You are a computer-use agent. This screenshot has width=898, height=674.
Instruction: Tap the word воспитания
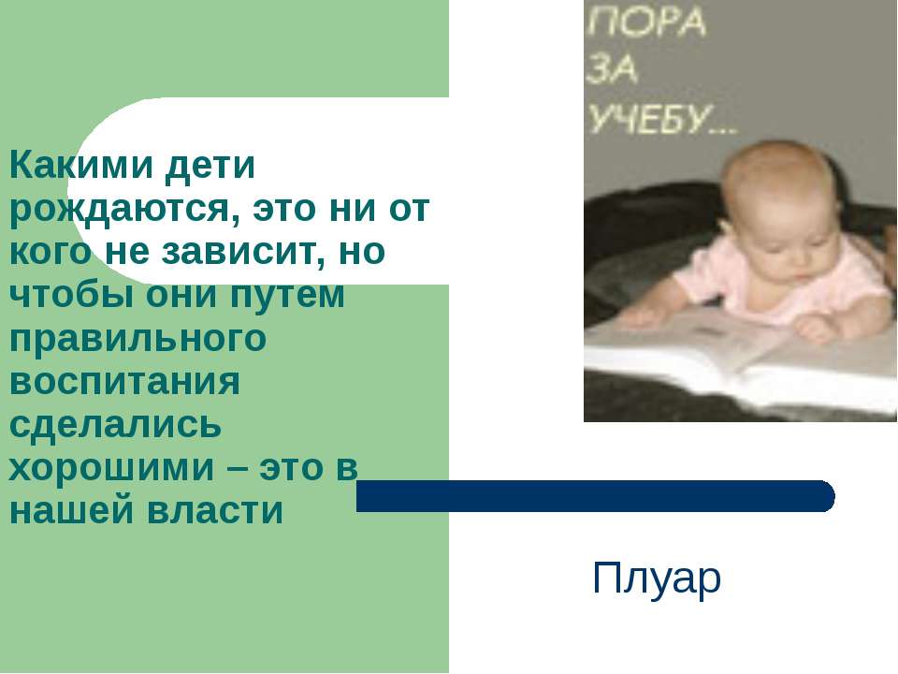125,383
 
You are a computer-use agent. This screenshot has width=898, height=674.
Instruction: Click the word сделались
116,426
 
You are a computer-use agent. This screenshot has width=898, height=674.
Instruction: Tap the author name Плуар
657,579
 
